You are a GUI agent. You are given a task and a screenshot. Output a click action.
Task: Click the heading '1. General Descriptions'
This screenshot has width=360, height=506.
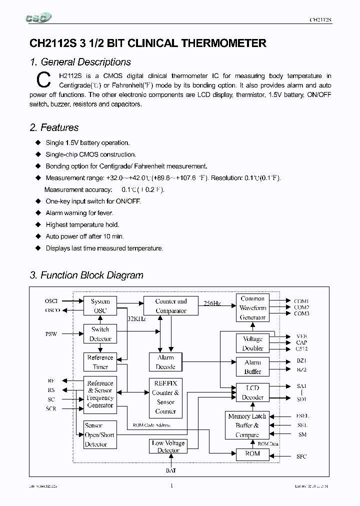coord(80,62)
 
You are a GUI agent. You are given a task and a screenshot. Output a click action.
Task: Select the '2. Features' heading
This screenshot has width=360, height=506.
coord(54,127)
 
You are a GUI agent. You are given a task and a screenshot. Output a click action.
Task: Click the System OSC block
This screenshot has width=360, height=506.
coord(100,305)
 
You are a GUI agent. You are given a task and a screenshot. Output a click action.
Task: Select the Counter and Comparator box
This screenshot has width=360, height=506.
coord(171,306)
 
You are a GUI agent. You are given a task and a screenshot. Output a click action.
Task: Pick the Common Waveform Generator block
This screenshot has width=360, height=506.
coord(252,308)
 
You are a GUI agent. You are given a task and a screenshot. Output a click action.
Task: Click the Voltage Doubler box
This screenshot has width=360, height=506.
coord(252,343)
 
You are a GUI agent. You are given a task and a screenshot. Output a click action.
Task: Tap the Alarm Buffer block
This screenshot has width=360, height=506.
coord(252,367)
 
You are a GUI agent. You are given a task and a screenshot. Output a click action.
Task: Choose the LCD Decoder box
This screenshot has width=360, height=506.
coord(252,392)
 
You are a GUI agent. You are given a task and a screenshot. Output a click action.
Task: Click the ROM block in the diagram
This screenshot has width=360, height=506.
coord(252,454)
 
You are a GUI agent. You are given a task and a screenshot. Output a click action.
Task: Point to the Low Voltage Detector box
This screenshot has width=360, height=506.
coord(168,446)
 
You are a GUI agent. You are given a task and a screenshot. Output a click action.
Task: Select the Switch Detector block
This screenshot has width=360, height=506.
coord(100,334)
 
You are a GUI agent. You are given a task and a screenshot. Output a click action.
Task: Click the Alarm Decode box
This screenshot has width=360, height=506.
coord(165,362)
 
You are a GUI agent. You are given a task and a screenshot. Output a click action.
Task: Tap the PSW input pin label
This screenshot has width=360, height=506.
coord(51,333)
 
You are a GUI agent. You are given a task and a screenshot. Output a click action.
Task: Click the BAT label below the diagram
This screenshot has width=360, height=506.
coord(171,470)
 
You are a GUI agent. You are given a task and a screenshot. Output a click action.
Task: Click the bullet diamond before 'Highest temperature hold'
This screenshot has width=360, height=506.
coord(37,225)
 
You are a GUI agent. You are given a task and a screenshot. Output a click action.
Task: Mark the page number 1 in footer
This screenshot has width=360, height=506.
coord(171,485)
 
